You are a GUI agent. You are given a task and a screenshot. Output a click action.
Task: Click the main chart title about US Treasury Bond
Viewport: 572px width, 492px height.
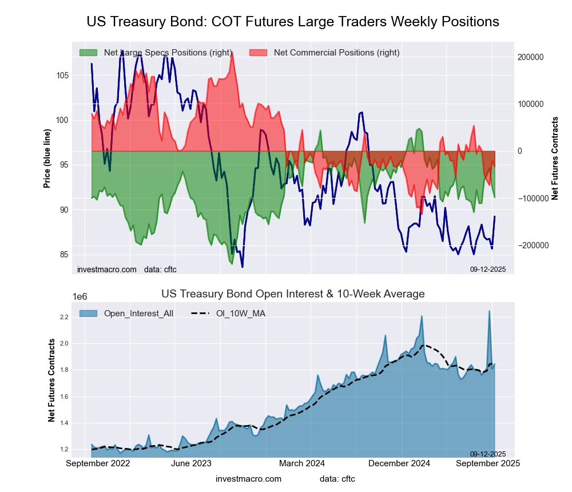[293, 22]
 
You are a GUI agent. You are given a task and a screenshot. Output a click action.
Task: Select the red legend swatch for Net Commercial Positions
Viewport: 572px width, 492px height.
[259, 53]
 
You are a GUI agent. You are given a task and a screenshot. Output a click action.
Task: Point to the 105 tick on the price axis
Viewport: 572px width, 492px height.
[63, 76]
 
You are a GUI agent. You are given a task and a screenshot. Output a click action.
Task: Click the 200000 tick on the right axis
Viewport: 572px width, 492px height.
[530, 58]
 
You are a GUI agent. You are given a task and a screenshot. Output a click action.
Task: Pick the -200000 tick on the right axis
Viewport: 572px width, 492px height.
[530, 245]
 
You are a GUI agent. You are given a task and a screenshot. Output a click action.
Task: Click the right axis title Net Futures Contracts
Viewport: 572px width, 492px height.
[555, 158]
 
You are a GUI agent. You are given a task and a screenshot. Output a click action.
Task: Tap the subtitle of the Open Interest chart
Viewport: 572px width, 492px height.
[293, 294]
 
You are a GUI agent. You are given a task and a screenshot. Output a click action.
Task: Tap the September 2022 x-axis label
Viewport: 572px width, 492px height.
[98, 463]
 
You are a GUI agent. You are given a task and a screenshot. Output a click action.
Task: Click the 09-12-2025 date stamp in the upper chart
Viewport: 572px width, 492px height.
[488, 269]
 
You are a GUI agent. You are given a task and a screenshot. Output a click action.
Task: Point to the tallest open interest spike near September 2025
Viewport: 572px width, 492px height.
[489, 311]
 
